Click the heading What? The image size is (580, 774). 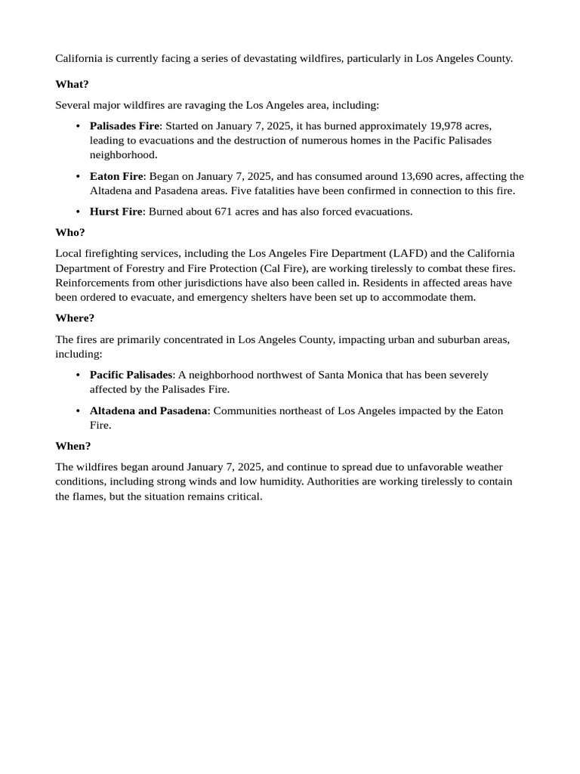click(72, 84)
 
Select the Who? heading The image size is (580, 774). click(70, 232)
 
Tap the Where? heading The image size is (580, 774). click(75, 318)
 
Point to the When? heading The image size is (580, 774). click(73, 446)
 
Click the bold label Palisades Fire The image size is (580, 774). click(125, 125)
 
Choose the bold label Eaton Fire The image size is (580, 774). click(116, 176)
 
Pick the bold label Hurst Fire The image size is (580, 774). click(116, 212)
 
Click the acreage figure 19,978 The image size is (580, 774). click(446, 125)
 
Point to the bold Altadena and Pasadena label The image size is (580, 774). click(149, 411)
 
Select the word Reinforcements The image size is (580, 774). click(97, 283)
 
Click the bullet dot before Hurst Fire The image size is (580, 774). click(79, 212)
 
